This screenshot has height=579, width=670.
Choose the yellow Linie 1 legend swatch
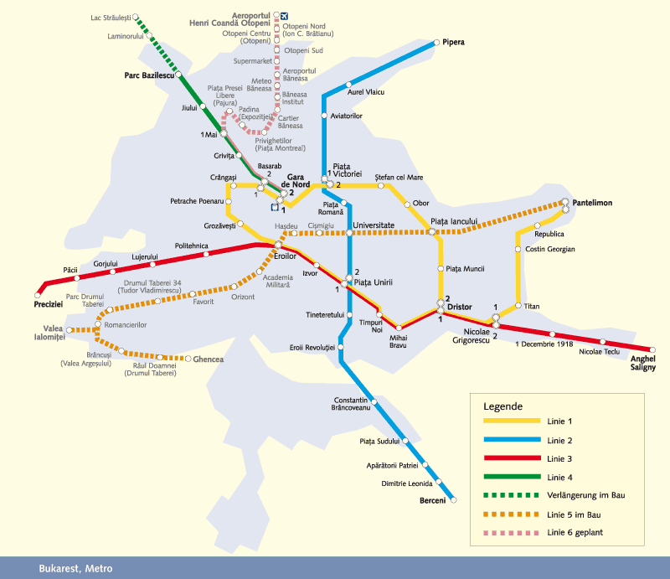point(511,420)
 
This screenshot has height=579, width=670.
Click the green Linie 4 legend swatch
point(511,477)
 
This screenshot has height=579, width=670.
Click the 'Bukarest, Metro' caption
point(75,568)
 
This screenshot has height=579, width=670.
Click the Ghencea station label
point(209,359)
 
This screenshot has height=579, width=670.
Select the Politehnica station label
point(191,246)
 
